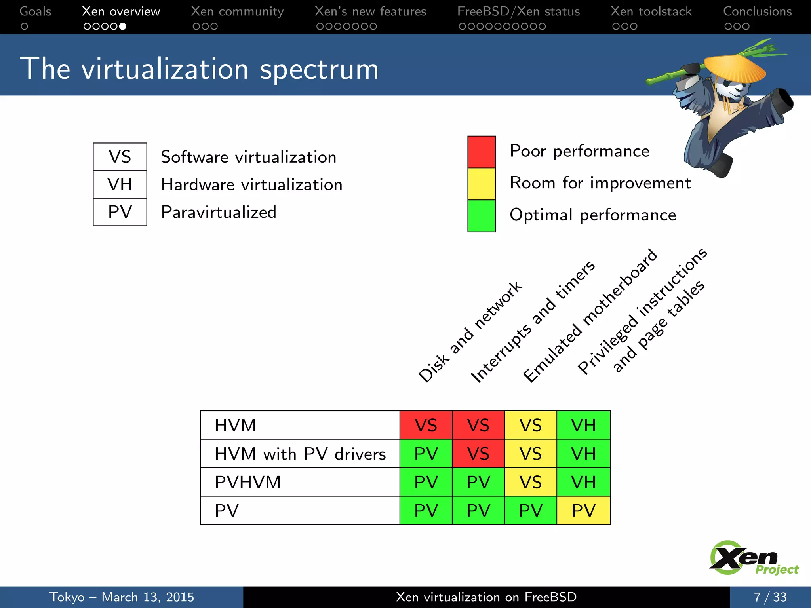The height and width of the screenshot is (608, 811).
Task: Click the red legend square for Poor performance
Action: click(x=481, y=152)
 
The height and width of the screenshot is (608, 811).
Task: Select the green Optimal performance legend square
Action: click(x=481, y=216)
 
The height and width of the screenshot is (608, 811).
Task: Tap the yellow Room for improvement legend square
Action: click(x=481, y=184)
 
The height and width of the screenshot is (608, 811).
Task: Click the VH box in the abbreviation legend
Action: click(x=120, y=184)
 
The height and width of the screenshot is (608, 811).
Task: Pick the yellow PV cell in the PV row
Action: click(x=583, y=511)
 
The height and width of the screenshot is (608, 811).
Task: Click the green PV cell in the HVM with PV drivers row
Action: click(x=426, y=454)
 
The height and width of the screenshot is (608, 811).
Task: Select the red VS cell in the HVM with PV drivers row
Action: click(x=478, y=454)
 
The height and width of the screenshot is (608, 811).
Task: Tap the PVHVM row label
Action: click(x=248, y=482)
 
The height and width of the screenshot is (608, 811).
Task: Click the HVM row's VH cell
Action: click(x=583, y=426)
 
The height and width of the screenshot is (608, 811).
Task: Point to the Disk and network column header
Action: click(x=470, y=332)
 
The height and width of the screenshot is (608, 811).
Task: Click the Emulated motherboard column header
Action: click(x=590, y=316)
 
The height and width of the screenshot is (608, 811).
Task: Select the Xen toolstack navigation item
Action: click(x=651, y=11)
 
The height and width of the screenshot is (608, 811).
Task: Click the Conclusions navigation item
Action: click(x=757, y=11)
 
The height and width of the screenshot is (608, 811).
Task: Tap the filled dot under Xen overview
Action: click(x=123, y=27)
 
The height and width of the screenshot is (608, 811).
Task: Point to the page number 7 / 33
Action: click(x=770, y=597)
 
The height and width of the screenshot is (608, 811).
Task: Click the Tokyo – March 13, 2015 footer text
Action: click(x=122, y=597)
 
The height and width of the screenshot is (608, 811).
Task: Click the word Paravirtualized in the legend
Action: click(x=219, y=212)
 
